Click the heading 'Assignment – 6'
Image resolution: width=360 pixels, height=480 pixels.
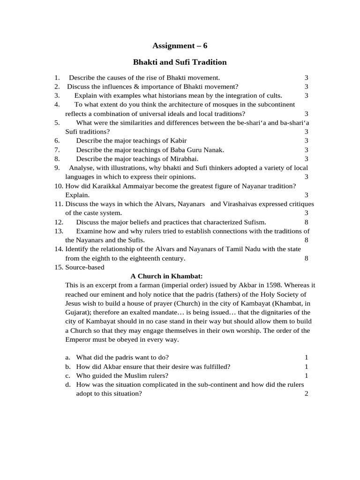(180, 45)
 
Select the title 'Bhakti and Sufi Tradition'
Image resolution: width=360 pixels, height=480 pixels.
(180, 62)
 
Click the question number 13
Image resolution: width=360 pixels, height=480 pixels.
(59, 231)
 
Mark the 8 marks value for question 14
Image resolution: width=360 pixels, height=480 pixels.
(306, 258)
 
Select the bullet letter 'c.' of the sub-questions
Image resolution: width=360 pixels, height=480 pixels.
(68, 375)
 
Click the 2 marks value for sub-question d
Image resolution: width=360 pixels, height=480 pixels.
(306, 394)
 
